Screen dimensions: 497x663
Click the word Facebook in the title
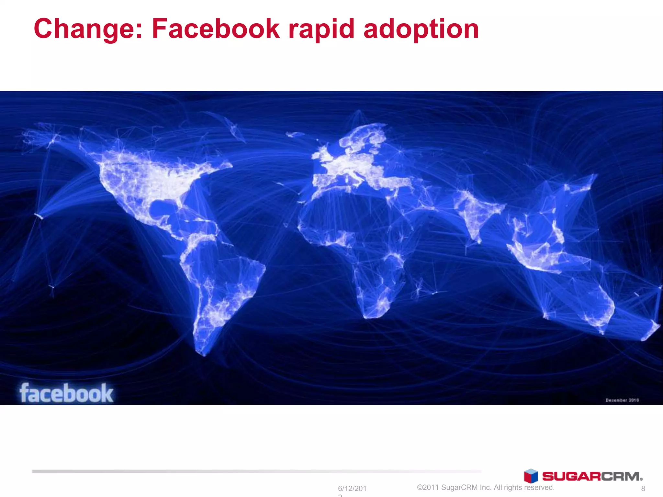click(x=216, y=29)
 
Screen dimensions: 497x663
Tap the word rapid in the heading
click(x=321, y=29)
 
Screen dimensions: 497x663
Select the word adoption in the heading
click(x=421, y=29)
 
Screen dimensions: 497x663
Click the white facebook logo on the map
click(x=66, y=393)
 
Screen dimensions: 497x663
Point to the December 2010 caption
click(x=622, y=400)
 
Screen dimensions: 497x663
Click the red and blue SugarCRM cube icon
click(x=531, y=476)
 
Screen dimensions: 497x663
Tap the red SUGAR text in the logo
click(x=571, y=476)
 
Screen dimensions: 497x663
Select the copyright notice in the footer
click(x=486, y=487)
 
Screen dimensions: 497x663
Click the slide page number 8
click(x=643, y=488)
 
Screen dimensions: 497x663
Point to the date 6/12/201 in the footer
click(x=352, y=488)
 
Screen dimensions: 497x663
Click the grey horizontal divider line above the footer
click(x=256, y=471)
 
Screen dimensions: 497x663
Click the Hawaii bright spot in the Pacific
click(x=39, y=216)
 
